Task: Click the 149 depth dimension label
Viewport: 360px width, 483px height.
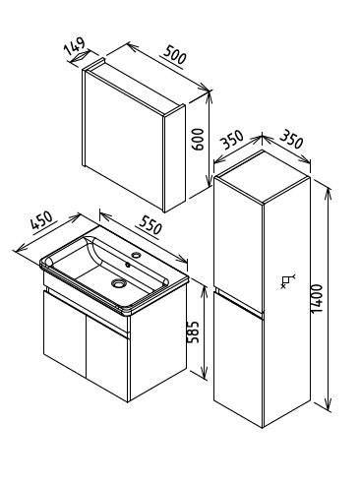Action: (75, 46)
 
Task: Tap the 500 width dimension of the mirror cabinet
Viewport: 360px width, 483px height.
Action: (175, 55)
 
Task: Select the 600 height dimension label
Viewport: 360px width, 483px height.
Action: (198, 140)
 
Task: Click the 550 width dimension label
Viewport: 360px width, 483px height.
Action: (150, 224)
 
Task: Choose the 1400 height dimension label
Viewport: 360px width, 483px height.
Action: (317, 298)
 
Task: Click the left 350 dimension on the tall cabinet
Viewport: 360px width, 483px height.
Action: (232, 141)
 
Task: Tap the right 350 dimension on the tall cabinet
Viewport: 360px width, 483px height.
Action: (291, 140)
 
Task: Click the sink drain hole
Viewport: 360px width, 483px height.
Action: (118, 282)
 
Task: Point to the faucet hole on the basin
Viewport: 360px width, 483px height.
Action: (135, 254)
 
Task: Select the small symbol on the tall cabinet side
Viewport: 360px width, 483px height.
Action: (287, 281)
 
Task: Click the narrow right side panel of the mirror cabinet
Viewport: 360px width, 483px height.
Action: (175, 158)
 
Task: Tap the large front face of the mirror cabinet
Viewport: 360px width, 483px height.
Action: (124, 141)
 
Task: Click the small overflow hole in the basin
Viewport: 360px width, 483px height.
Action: (128, 264)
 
